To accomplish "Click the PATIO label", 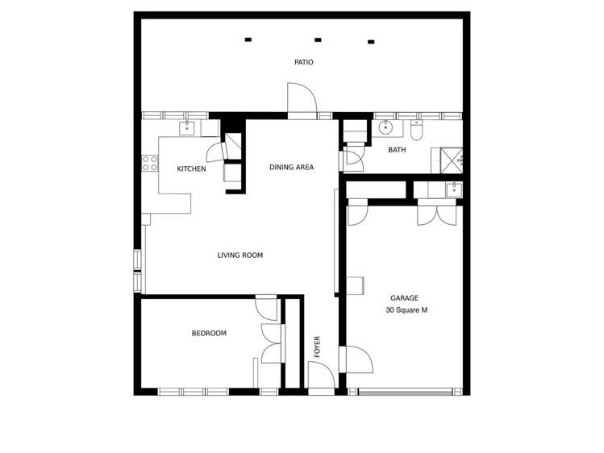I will coord(303,62).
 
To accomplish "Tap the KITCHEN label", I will coord(191,168).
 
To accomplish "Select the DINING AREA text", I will coord(291,167).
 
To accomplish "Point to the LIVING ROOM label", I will coord(240,256).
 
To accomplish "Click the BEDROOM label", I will coord(209,333).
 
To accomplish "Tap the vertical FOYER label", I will coord(318,347).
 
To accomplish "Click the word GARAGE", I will coord(405,297).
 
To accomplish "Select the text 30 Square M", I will coord(406,310).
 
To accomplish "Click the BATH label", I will coord(397,150).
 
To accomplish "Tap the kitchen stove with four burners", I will coord(150,164).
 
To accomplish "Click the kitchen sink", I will coord(188,127).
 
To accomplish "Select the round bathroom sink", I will coord(386,127).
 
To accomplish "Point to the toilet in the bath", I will coord(416,130).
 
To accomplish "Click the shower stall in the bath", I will coord(449,160).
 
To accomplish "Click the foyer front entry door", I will coord(320,376).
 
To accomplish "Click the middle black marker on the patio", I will coord(318,39).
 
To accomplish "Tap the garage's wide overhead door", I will coord(404,392).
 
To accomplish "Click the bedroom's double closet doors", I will coord(272,344).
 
